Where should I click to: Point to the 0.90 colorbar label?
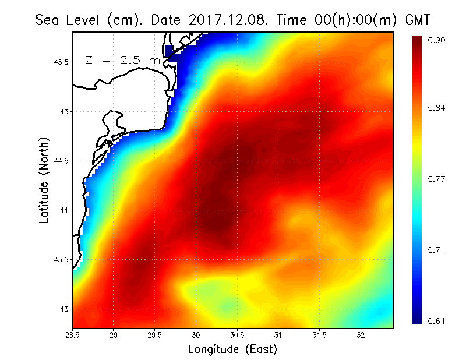coord(437,40)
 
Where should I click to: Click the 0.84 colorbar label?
coord(437,108)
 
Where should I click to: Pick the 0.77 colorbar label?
coord(437,179)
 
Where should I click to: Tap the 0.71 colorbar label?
coord(437,250)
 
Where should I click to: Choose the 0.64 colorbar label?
coord(437,321)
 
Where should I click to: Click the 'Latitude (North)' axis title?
coord(44,180)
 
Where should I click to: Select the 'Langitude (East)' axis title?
coord(232,350)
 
